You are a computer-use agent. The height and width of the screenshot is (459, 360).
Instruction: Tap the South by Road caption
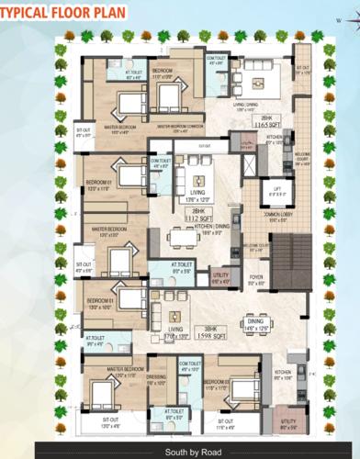(x=180, y=452)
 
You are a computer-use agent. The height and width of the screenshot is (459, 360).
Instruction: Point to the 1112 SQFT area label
(x=195, y=220)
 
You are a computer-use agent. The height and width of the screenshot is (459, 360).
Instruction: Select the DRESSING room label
(x=156, y=380)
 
